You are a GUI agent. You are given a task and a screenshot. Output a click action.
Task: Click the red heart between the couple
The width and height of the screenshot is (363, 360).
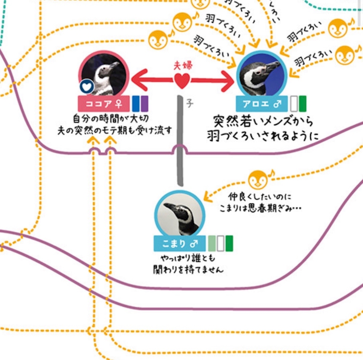(182, 80)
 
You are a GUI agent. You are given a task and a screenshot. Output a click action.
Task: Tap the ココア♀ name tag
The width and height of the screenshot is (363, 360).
(104, 104)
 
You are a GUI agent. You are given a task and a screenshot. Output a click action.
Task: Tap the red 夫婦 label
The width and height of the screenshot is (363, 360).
(182, 66)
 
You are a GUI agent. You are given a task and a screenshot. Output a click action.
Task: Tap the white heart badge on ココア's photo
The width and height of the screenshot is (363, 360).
(87, 87)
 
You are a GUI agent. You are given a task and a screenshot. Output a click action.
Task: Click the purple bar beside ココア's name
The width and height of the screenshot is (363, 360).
(145, 104)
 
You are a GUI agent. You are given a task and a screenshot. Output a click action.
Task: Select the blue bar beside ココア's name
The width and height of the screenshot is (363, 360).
(136, 104)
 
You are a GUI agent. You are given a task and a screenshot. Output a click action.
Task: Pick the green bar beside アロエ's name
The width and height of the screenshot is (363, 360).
(303, 104)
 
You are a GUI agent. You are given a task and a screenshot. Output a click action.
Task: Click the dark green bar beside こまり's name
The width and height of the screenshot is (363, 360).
(229, 243)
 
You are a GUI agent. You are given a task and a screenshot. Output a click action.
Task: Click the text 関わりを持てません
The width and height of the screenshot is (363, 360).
(188, 270)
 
